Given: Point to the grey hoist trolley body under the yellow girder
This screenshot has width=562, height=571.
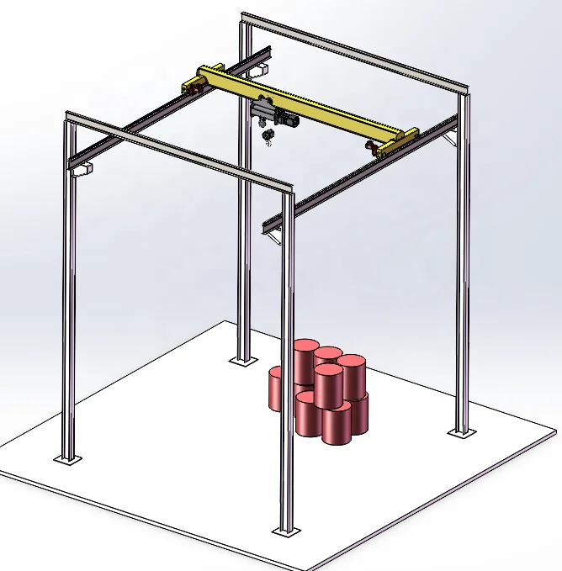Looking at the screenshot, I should click(262, 112).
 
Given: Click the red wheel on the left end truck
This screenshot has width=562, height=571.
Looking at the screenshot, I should click(193, 87).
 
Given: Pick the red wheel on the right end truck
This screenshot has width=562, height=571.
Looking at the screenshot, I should click(369, 147).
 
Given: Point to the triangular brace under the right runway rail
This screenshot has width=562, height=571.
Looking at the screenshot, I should click(274, 242).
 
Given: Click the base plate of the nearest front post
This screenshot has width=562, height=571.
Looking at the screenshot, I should click(286, 531).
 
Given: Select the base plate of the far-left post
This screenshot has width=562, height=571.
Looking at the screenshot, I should click(68, 458).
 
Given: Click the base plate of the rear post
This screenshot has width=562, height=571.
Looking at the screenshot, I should click(244, 360).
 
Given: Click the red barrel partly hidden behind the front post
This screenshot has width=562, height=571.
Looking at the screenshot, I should click(277, 389).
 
